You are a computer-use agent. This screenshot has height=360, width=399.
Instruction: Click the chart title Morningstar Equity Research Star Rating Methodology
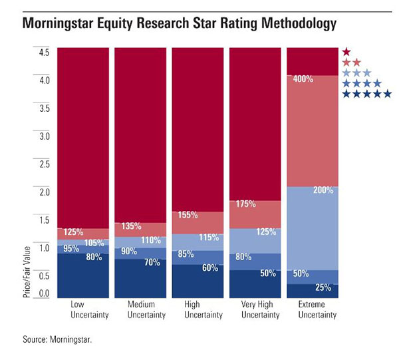coord(180,25)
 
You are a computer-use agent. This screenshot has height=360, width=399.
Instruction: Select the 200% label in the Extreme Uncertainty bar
coord(323,191)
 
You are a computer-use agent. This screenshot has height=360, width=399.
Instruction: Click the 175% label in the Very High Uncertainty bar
coord(245,204)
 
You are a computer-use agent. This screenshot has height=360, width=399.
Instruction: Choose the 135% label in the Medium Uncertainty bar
coord(131,226)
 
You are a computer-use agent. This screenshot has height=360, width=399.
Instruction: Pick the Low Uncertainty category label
coord(82,309)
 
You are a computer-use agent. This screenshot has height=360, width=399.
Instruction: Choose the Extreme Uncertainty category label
coord(312,309)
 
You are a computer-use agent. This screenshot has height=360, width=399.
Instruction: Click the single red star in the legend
coord(346,52)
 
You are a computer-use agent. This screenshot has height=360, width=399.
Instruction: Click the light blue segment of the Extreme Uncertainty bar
coord(312,226)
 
